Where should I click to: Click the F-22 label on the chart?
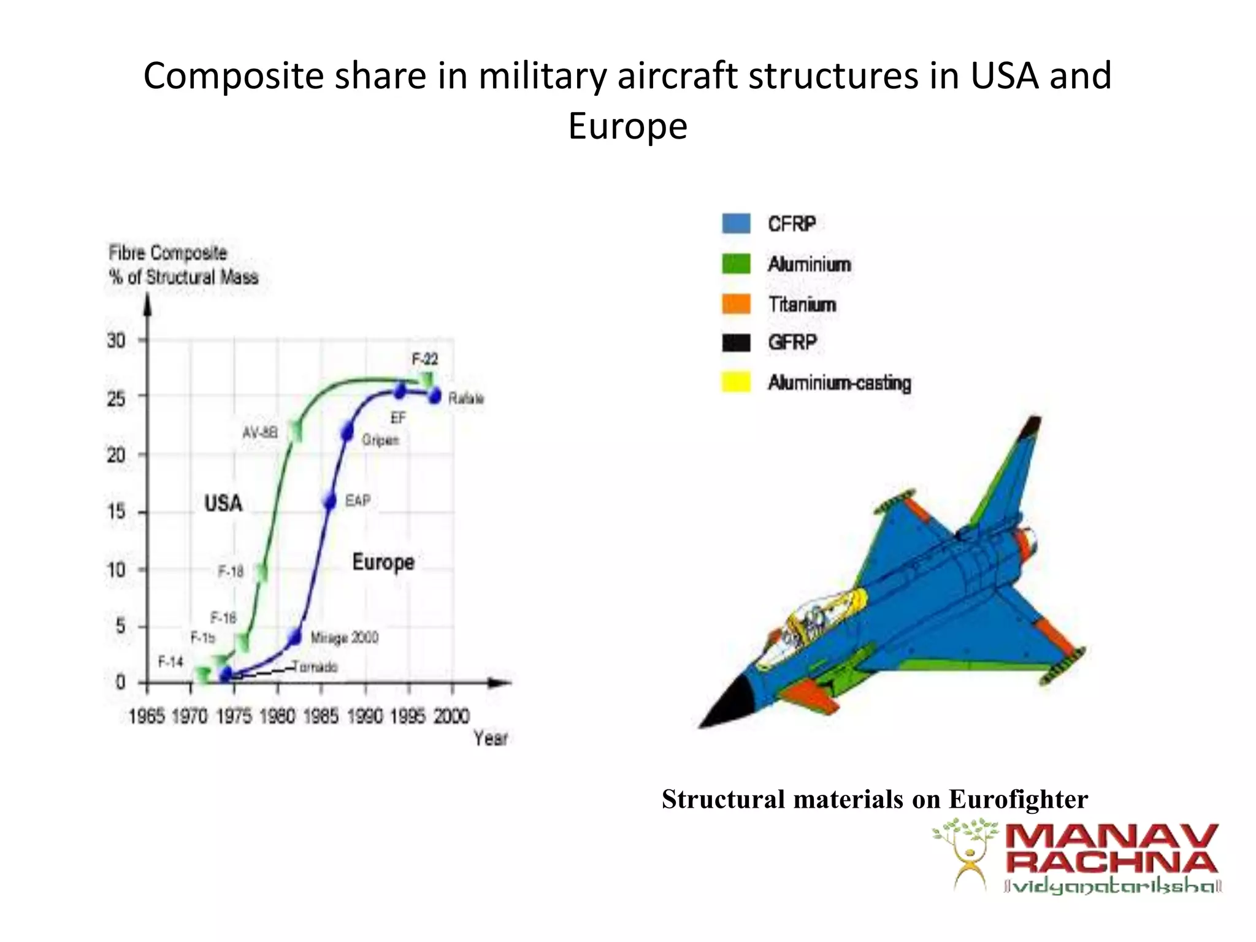tap(424, 358)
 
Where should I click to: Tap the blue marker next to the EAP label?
tap(330, 501)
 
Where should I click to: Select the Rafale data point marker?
tap(435, 396)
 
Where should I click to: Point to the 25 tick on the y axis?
tap(116, 399)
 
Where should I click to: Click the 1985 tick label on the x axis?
tap(321, 716)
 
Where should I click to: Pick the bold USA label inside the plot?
tap(223, 504)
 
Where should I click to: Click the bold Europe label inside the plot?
tap(383, 562)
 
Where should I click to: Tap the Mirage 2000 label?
tap(344, 638)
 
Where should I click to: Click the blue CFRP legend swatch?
tap(736, 224)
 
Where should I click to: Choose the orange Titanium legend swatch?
tap(736, 304)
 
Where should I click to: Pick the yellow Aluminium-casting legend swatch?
tap(736, 382)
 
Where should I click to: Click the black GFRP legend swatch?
tap(736, 343)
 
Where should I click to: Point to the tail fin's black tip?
tap(1032, 426)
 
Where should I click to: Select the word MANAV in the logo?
tap(1111, 838)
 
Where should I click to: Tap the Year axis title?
tap(490, 738)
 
